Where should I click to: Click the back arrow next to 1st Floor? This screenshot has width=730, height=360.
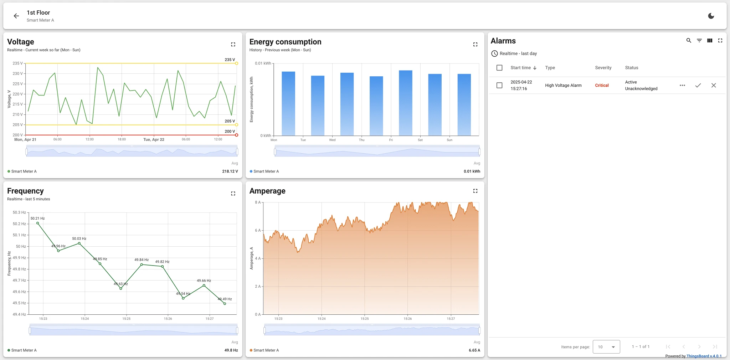pyautogui.click(x=16, y=16)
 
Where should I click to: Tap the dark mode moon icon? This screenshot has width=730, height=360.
pyautogui.click(x=711, y=16)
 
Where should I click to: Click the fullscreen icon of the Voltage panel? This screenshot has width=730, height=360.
pyautogui.click(x=233, y=45)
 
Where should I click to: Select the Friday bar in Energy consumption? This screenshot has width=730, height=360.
pyautogui.click(x=406, y=103)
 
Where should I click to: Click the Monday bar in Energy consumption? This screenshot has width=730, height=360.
pyautogui.click(x=288, y=104)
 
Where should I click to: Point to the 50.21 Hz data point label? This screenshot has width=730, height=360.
pyautogui.click(x=37, y=218)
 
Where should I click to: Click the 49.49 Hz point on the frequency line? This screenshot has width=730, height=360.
pyautogui.click(x=225, y=304)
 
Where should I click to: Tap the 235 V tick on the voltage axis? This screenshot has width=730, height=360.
pyautogui.click(x=17, y=63)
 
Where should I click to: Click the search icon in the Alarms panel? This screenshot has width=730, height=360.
pyautogui.click(x=689, y=41)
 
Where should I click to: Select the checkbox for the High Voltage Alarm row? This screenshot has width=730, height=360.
pyautogui.click(x=499, y=86)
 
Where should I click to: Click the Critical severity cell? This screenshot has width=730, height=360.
pyautogui.click(x=602, y=86)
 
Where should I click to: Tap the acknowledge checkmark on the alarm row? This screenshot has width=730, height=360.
pyautogui.click(x=698, y=86)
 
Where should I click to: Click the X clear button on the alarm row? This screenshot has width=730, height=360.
pyautogui.click(x=714, y=86)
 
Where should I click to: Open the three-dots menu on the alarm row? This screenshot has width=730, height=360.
pyautogui.click(x=682, y=86)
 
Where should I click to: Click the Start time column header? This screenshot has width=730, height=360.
pyautogui.click(x=520, y=68)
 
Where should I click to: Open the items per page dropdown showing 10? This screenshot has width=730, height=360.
pyautogui.click(x=606, y=347)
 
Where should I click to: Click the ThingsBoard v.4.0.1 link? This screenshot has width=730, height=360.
pyautogui.click(x=704, y=356)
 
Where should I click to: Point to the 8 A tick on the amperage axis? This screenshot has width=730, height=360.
pyautogui.click(x=258, y=202)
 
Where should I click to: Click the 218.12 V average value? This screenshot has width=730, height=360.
pyautogui.click(x=230, y=171)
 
